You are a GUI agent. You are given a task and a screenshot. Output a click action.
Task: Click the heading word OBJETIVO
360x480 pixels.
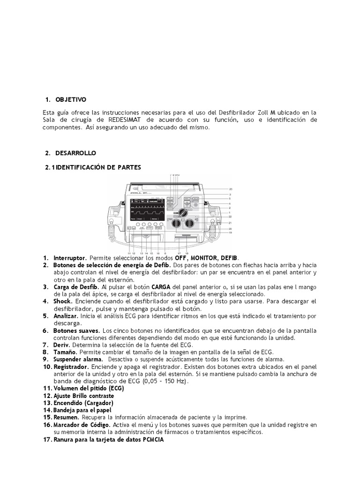click(x=71, y=100)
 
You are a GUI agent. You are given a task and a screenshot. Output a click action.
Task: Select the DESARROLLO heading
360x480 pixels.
click(x=75, y=153)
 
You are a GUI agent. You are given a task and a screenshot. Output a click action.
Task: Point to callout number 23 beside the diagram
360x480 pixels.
click(x=231, y=188)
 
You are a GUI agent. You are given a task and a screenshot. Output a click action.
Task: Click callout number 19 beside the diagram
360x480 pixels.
click(x=231, y=233)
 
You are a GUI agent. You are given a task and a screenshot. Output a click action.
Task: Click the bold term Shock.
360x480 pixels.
click(x=63, y=301)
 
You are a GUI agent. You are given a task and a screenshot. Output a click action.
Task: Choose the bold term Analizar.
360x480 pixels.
click(x=66, y=316)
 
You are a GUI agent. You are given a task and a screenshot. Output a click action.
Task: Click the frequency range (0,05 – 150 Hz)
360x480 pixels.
click(x=159, y=382)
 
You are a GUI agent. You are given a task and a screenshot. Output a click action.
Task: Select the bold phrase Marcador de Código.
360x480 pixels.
click(x=82, y=425)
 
